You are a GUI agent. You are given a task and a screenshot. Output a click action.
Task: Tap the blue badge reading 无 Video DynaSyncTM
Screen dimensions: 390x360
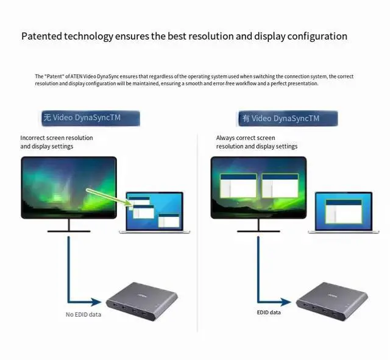point(90,118)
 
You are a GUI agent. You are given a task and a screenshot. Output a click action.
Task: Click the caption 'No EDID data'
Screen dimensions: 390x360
point(83,314)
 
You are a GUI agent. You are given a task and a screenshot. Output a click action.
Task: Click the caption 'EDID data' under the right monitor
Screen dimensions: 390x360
point(269,312)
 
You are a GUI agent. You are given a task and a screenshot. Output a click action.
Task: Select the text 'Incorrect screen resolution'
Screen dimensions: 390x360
point(57,138)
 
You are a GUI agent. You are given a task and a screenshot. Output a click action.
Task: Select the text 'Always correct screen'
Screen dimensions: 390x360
point(246,138)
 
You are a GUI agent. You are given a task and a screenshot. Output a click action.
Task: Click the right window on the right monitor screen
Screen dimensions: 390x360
point(280,186)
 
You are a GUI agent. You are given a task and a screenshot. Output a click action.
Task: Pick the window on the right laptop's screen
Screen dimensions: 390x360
point(339,210)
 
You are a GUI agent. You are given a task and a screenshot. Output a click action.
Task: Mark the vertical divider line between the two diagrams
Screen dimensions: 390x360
point(197,231)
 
